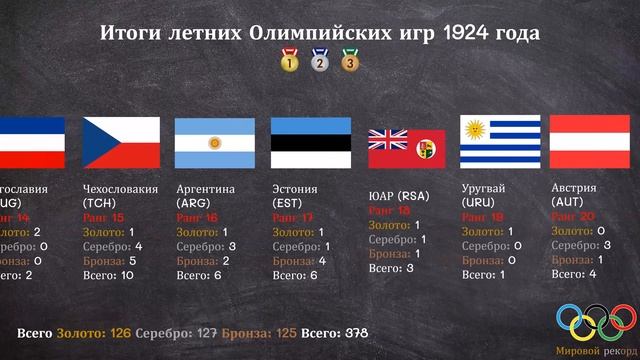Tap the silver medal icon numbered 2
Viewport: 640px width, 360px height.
pyautogui.click(x=320, y=61)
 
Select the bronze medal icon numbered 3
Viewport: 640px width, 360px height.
pyautogui.click(x=350, y=61)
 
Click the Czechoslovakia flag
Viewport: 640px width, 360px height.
pyautogui.click(x=120, y=142)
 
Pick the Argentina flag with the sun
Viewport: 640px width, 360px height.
pyautogui.click(x=214, y=142)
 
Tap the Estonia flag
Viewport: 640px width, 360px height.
pyautogui.click(x=310, y=142)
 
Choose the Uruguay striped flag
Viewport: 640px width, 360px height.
pyautogui.click(x=500, y=142)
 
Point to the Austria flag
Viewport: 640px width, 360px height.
pyautogui.click(x=595, y=142)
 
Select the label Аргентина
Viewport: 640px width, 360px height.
pyautogui.click(x=206, y=188)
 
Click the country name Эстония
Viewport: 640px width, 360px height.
pyautogui.click(x=295, y=188)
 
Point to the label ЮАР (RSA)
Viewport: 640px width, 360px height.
pyautogui.click(x=398, y=195)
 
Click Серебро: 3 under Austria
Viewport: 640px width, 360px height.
pyautogui.click(x=580, y=245)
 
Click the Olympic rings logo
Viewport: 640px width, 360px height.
pyautogui.click(x=596, y=320)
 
